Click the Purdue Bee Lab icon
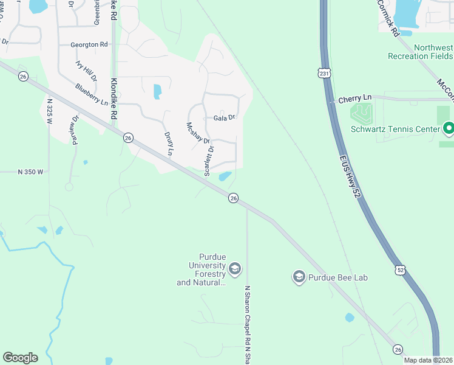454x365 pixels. coord(299,277)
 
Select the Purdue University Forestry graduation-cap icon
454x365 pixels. coord(235,268)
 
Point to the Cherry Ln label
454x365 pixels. coord(354,98)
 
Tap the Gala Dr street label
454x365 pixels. coord(224,118)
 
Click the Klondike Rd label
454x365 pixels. coord(113,91)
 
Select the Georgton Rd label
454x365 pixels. coord(89,44)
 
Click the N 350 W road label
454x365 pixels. coord(30,172)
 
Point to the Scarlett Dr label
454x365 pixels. coord(210,160)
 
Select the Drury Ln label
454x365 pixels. coord(169,143)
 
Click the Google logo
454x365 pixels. coord(20,358)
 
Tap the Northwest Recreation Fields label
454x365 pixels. coord(420,52)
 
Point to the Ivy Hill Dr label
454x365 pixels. coord(86,70)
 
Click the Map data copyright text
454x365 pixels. coord(428,360)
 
